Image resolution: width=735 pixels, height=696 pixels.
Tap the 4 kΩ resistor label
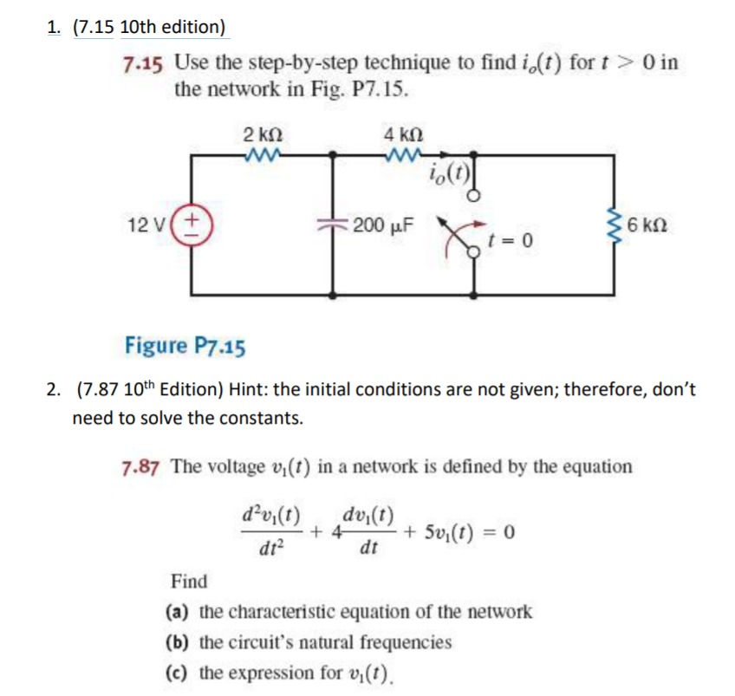[401, 135]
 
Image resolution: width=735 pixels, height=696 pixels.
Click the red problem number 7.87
[141, 466]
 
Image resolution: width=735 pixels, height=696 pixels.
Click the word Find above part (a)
[189, 580]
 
